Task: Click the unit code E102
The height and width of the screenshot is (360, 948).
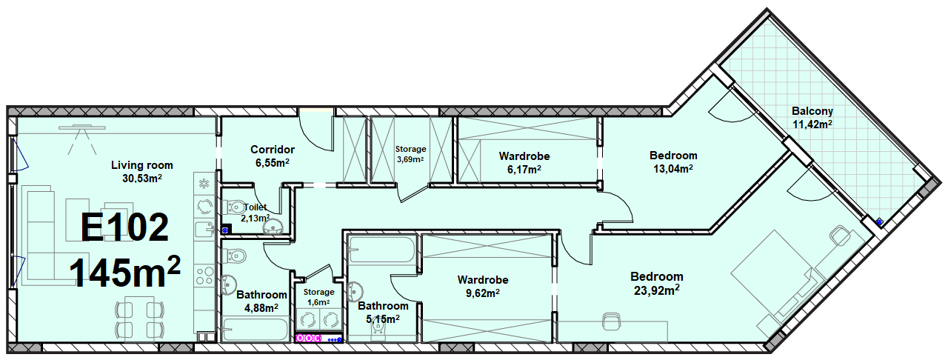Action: click(124, 227)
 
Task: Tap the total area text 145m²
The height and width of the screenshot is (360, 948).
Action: click(125, 272)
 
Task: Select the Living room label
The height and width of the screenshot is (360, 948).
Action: click(141, 165)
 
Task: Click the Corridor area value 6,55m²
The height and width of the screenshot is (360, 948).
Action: click(272, 163)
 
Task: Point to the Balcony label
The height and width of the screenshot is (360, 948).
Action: click(812, 111)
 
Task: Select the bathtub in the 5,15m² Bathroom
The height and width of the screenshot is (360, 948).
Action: click(381, 250)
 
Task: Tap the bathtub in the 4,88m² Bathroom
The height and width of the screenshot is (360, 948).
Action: click(255, 329)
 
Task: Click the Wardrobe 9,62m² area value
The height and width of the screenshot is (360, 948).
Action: click(483, 293)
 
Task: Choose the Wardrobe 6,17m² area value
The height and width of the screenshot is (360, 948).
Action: click(524, 170)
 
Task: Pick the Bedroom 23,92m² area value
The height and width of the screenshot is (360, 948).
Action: click(657, 290)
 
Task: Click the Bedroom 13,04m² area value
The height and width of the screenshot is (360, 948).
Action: click(673, 169)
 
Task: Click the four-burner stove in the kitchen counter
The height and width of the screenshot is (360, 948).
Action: click(205, 276)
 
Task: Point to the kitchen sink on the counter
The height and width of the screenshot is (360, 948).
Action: click(205, 229)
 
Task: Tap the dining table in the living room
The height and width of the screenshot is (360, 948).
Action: click(139, 317)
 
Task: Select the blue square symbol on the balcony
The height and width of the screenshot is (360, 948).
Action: click(879, 221)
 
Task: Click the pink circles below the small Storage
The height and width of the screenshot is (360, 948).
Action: click(309, 338)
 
